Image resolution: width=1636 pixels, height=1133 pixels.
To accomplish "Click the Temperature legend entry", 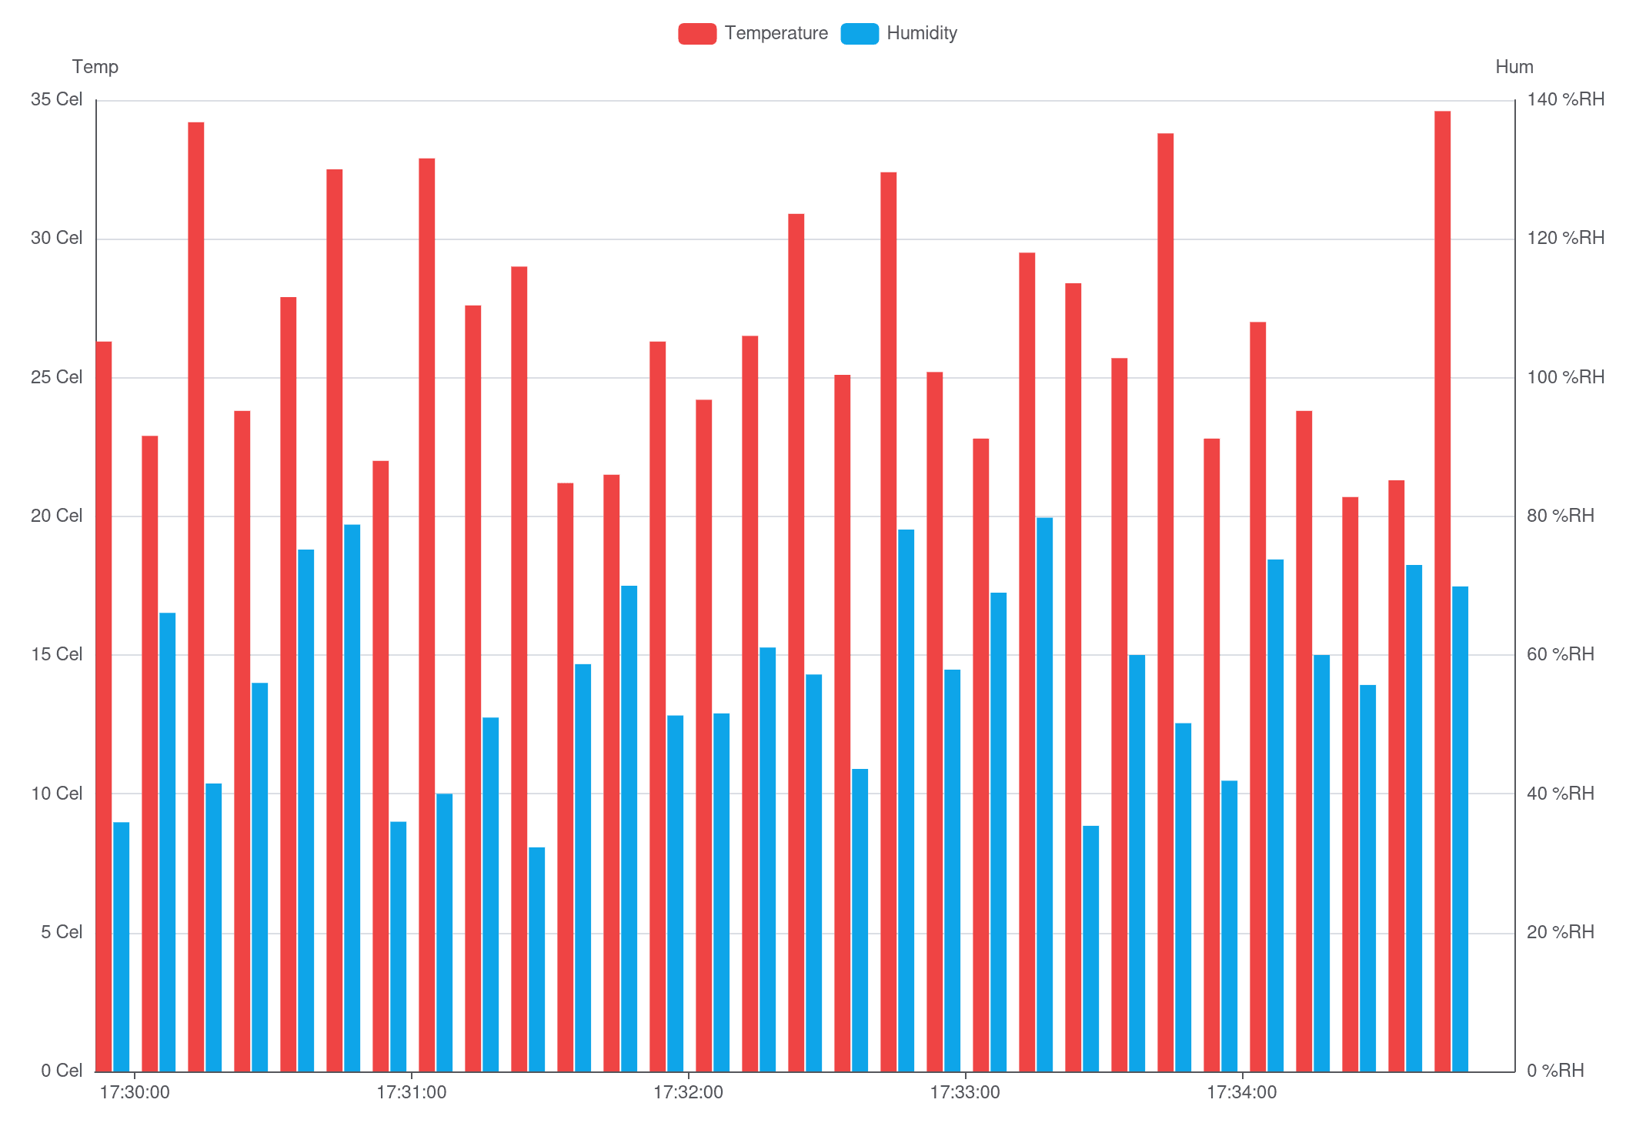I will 753,33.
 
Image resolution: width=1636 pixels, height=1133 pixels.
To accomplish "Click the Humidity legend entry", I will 899,33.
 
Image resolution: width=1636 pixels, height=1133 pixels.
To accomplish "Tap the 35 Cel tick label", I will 56,99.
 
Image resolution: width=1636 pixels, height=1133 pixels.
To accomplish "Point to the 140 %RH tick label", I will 1565,99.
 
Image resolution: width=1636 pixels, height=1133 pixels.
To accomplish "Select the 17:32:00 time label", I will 688,1092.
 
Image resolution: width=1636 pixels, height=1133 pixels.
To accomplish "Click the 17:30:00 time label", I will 135,1092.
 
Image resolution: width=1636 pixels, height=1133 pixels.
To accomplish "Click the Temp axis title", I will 95,67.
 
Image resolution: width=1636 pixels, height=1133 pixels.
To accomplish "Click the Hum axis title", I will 1514,67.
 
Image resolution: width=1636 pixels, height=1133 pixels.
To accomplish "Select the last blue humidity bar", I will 1460,829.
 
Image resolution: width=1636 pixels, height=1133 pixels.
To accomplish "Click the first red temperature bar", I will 104,707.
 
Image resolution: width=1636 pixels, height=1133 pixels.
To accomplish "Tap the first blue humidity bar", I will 122,947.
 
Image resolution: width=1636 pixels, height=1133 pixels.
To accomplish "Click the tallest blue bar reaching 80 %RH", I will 1044,794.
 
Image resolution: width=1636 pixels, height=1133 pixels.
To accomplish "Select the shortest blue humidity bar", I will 536,959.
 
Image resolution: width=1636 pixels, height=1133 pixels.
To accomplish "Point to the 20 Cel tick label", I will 56,516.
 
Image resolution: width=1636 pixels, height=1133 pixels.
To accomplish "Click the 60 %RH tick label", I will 1560,654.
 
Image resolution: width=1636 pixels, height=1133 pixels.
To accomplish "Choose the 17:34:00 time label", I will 1241,1092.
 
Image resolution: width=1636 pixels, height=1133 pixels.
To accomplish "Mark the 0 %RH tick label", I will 1554,1071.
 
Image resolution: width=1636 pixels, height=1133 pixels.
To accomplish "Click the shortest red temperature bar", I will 1350,784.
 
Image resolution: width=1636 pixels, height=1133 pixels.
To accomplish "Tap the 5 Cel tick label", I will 61,932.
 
